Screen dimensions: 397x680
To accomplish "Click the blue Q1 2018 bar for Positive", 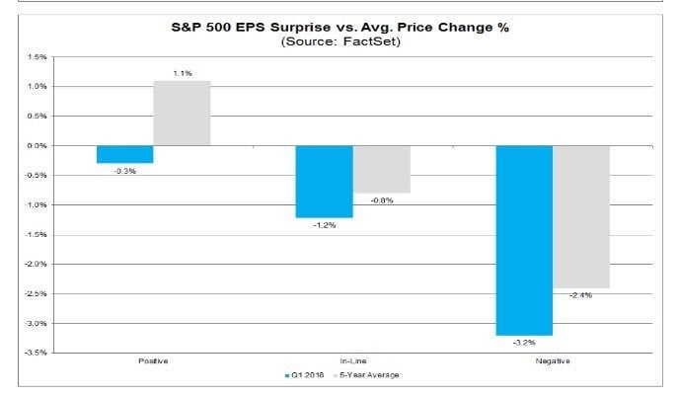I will pyautogui.click(x=124, y=154).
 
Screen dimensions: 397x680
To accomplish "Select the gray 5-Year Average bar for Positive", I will pyautogui.click(x=182, y=114).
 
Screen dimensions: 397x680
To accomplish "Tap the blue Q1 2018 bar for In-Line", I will pyautogui.click(x=324, y=181).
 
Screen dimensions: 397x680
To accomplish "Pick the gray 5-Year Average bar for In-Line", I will pyautogui.click(x=381, y=169).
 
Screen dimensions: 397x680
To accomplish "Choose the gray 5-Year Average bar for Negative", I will pyautogui.click(x=581, y=216).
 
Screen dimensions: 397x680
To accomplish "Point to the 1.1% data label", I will pyautogui.click(x=182, y=73).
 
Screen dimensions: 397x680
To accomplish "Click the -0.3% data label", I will pyautogui.click(x=124, y=171).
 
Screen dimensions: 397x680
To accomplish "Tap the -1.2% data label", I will pyautogui.click(x=324, y=225).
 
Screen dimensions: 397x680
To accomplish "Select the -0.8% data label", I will pyautogui.click(x=381, y=200).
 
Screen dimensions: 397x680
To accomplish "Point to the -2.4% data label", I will pyautogui.click(x=581, y=295).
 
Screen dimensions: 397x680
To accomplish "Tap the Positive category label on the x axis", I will pyautogui.click(x=153, y=361).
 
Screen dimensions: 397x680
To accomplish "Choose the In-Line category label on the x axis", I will pyautogui.click(x=352, y=361).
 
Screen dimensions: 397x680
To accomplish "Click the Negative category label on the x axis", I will pyautogui.click(x=553, y=361).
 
